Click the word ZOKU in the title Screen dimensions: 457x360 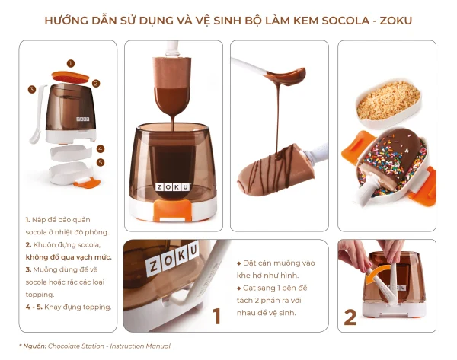396,21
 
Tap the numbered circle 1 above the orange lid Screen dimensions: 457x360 71,63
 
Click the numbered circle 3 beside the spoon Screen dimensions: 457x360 32,89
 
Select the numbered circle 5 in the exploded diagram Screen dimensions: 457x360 101,162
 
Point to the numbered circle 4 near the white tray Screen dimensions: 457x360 101,149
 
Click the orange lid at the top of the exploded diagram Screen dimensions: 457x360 70,77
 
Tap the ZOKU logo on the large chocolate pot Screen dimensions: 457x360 173,187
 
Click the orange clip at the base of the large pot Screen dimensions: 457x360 173,210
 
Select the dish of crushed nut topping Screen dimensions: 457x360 389,104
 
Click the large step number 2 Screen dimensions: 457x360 350,317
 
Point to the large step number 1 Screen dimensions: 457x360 216,316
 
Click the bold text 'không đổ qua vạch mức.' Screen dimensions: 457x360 69,257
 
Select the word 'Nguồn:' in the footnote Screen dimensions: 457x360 34,346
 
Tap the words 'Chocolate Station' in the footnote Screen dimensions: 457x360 75,346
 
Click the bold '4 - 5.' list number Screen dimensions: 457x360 34,307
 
